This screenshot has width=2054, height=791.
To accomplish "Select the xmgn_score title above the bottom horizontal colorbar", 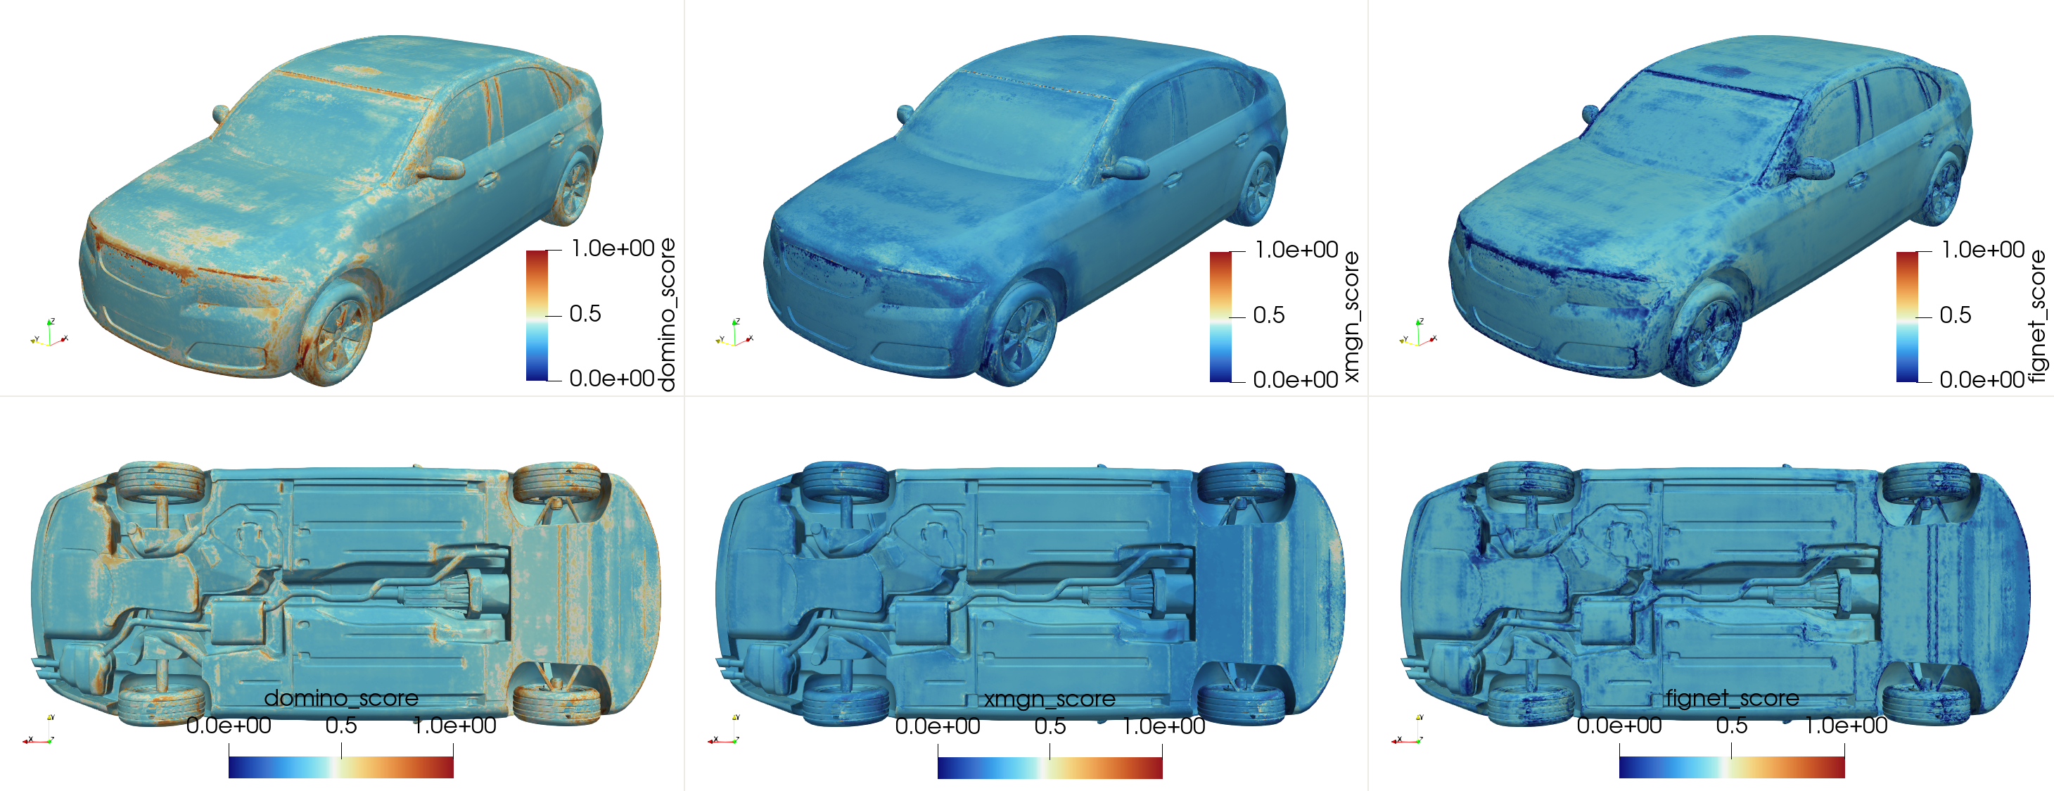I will pos(1050,700).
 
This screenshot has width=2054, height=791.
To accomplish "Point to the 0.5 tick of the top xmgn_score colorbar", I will pos(1268,315).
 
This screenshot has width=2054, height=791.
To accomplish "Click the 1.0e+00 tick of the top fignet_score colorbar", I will pos(1982,250).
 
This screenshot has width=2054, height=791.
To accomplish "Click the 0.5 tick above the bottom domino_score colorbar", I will pos(341,726).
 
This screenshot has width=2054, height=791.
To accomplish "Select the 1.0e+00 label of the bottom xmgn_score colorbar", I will pos(1163,726).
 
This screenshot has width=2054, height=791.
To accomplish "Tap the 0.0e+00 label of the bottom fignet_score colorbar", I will pos(1619,726).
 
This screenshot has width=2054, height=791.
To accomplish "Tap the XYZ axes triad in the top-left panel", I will pos(49,334).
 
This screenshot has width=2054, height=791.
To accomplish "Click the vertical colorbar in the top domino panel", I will pos(537,316).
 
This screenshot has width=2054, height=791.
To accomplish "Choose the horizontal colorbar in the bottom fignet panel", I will pos(1732,767).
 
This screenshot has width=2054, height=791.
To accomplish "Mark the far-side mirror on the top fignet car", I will pos(1590,114).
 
